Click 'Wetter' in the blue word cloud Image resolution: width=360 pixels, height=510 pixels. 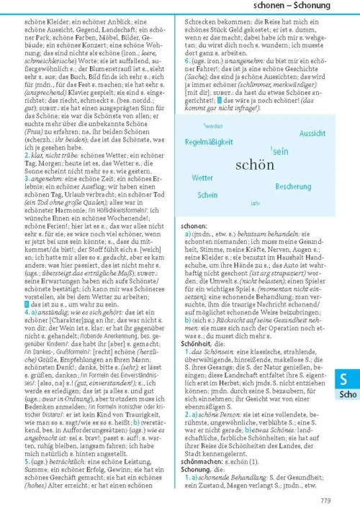202,177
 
